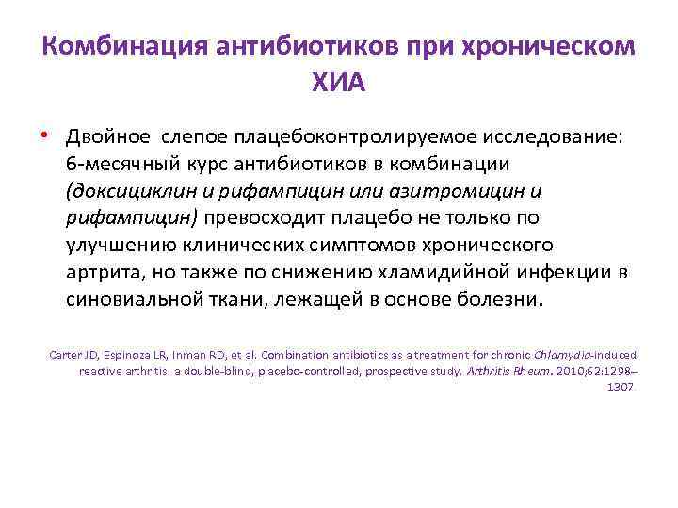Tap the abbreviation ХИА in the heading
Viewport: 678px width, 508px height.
pyautogui.click(x=338, y=84)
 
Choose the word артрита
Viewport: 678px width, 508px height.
pyautogui.click(x=105, y=273)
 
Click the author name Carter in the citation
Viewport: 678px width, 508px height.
pyautogui.click(x=65, y=356)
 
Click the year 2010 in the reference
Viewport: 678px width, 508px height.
pyautogui.click(x=543, y=371)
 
